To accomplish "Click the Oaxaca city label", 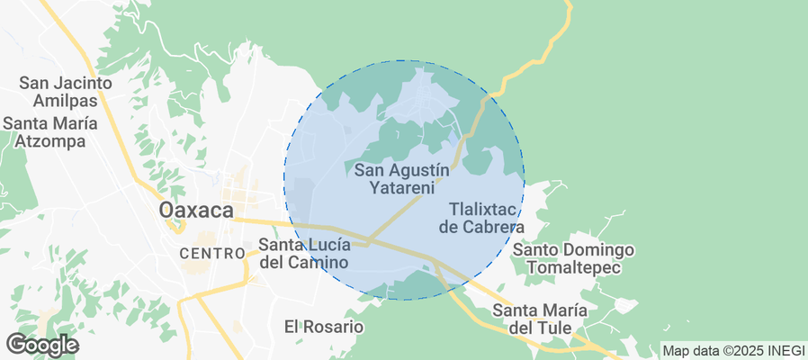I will (196, 210).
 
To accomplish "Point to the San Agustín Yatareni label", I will (401, 178).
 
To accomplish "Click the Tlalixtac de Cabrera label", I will (480, 217).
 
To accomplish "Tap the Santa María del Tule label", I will (540, 319).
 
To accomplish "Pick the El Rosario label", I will (323, 326).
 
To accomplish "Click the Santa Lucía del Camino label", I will (303, 253).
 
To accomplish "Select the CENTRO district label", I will (212, 254).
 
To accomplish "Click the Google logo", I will (41, 345).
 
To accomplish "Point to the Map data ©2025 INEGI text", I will (732, 350).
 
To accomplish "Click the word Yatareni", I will (401, 188).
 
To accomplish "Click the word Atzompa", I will (56, 141).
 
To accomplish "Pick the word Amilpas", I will (77, 101).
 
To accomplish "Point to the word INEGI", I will (782, 350).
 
